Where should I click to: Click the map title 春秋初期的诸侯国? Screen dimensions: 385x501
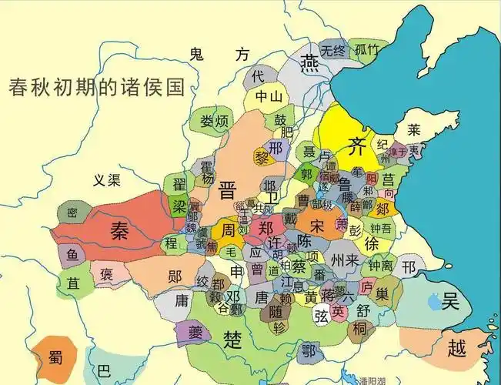pyautogui.click(x=97, y=85)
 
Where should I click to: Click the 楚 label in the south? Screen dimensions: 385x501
pyautogui.click(x=232, y=337)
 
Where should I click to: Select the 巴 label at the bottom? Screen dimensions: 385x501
pyautogui.click(x=104, y=370)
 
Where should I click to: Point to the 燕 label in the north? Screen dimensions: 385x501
pyautogui.click(x=310, y=61)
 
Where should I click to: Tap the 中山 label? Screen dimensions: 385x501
pyautogui.click(x=269, y=97)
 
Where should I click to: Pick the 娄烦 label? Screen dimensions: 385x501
pyautogui.click(x=213, y=121)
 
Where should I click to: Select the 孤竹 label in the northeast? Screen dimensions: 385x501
pyautogui.click(x=367, y=50)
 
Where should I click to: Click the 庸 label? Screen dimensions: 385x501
pyautogui.click(x=182, y=299)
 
